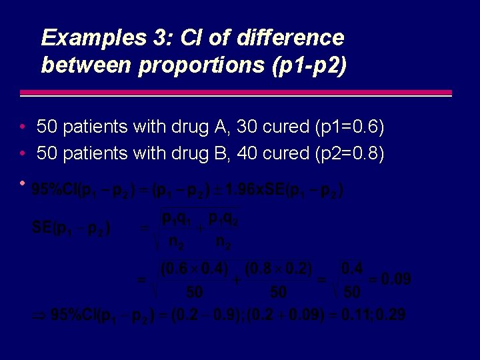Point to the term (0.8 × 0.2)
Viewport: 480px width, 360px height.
[x=279, y=269]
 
